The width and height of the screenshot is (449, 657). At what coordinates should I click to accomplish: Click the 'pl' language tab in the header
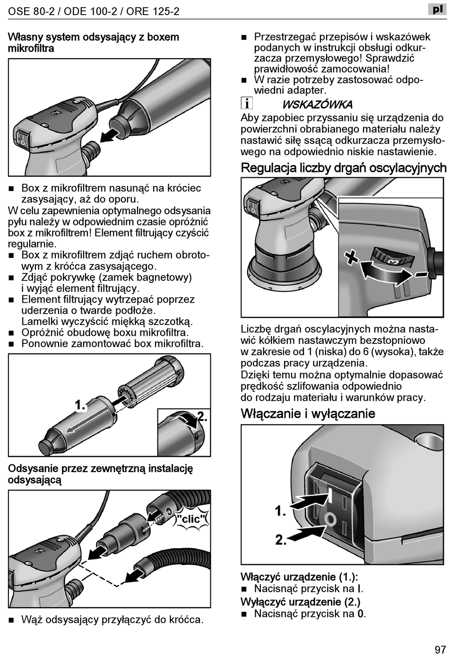(437, 9)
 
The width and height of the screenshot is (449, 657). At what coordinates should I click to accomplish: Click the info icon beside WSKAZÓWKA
(247, 104)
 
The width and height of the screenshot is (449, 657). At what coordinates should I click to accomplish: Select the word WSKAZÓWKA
(317, 105)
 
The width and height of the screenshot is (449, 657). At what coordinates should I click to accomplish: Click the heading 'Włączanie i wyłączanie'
(308, 413)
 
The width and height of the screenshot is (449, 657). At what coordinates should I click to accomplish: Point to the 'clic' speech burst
(191, 519)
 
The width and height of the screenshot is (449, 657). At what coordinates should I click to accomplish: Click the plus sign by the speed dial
(351, 257)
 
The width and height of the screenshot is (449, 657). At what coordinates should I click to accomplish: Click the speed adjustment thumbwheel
(389, 258)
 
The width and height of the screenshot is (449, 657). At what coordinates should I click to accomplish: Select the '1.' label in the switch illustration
(281, 511)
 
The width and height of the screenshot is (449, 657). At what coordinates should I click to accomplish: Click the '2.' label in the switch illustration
(281, 540)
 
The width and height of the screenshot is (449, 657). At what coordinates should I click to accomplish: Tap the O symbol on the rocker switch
(330, 520)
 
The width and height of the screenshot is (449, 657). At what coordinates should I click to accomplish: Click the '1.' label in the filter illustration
(80, 405)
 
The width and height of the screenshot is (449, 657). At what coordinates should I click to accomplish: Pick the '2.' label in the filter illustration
(202, 417)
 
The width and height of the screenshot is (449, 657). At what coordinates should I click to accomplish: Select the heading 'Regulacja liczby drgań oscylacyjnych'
(344, 168)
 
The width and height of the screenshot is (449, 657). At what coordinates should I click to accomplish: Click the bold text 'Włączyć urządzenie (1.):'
(299, 577)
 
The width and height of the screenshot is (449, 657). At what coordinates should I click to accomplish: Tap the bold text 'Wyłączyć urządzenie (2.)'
(300, 602)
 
